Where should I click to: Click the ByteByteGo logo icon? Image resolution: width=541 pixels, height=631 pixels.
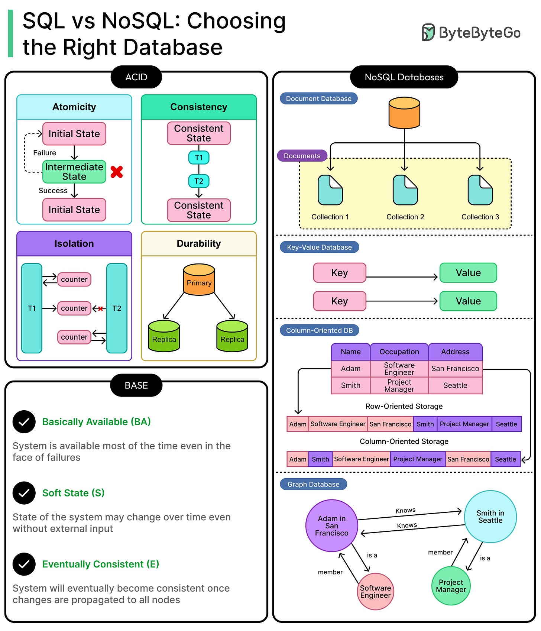[428, 32]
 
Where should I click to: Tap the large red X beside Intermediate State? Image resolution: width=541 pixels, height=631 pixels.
[117, 172]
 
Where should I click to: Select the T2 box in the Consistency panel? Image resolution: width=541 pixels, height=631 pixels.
[199, 181]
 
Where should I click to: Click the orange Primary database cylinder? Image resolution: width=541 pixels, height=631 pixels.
[199, 280]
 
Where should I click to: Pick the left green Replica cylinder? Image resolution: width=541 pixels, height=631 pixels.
[164, 336]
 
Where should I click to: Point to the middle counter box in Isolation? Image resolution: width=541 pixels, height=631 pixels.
[74, 308]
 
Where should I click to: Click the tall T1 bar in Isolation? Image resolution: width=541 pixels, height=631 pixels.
[32, 308]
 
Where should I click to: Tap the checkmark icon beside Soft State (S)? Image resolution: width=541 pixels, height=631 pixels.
[24, 493]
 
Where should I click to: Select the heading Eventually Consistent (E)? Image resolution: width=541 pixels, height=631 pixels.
[101, 564]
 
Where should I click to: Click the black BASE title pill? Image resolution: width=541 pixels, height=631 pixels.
[136, 385]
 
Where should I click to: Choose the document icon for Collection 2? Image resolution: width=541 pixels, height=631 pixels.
[405, 190]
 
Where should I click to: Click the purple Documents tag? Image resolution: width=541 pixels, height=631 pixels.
[302, 156]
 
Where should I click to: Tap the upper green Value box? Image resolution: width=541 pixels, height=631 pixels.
[468, 273]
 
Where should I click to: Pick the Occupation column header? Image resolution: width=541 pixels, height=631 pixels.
[399, 352]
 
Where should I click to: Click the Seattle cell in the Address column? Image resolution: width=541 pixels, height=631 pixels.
[455, 385]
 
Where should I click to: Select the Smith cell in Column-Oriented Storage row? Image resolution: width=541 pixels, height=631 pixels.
[320, 459]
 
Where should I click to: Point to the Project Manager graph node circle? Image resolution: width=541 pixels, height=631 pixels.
[451, 586]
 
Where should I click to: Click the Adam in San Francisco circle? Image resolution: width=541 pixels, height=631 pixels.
[331, 525]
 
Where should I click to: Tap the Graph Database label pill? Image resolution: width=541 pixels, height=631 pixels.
[313, 484]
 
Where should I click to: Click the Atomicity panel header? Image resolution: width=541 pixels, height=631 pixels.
[74, 107]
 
